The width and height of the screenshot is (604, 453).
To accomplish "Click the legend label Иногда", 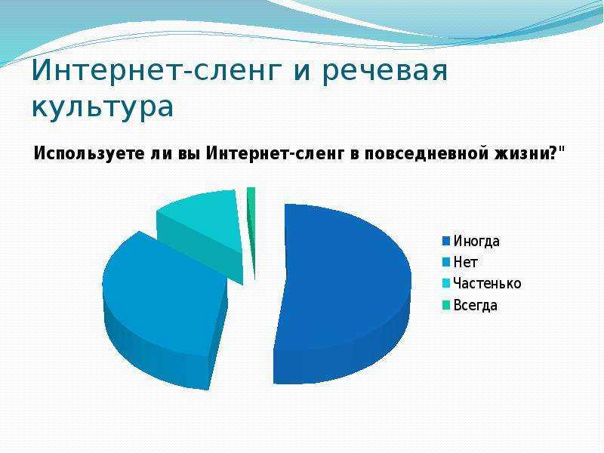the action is pyautogui.click(x=476, y=241).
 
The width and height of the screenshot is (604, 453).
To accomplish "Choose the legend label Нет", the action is pyautogui.click(x=466, y=262).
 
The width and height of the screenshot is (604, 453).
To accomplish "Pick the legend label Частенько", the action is pyautogui.click(x=487, y=284).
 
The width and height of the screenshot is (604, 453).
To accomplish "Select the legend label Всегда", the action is pyautogui.click(x=476, y=305).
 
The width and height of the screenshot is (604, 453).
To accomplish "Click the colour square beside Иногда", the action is pyautogui.click(x=446, y=241).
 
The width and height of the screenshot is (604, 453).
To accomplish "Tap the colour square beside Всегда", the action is pyautogui.click(x=446, y=306).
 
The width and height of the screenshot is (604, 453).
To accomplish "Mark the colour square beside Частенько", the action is pyautogui.click(x=446, y=284).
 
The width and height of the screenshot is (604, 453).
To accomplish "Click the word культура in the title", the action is pyautogui.click(x=103, y=106).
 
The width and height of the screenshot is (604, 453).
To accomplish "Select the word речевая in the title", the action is pyautogui.click(x=384, y=71).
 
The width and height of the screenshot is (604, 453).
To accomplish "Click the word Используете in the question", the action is pyautogui.click(x=88, y=153).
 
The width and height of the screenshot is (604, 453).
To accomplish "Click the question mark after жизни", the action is pyautogui.click(x=552, y=153).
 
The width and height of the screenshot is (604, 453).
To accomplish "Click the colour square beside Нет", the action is pyautogui.click(x=446, y=263).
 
